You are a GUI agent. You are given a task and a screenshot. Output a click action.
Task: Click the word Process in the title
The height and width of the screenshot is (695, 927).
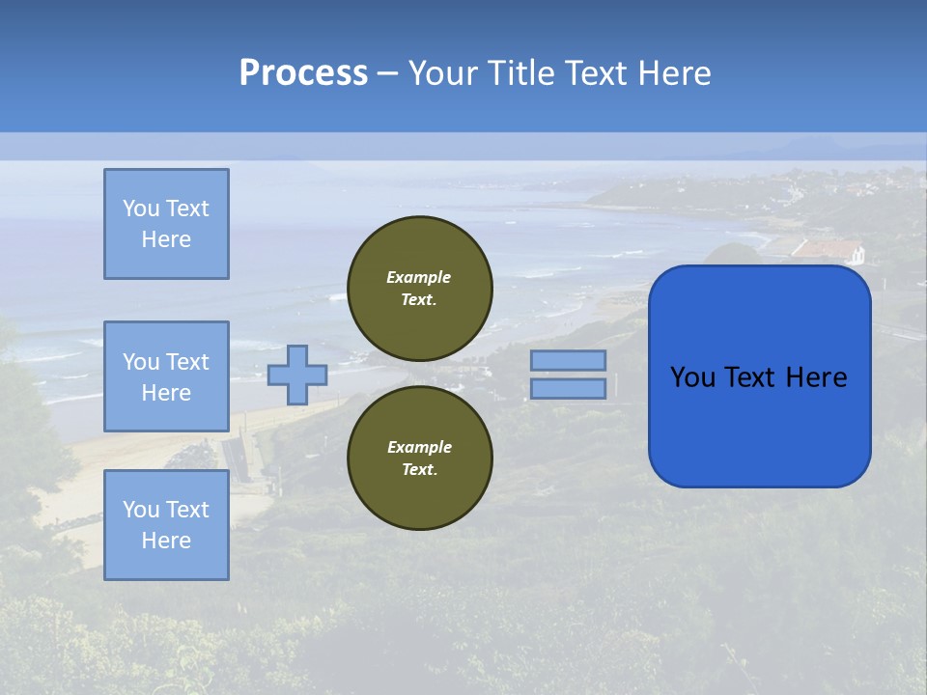click(303, 73)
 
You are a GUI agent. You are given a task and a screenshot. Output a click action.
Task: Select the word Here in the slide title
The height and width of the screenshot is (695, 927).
click(674, 73)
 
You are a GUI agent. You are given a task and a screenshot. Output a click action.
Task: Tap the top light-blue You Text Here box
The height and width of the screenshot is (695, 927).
click(166, 224)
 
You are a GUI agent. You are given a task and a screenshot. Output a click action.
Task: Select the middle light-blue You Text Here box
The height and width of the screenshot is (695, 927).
click(166, 376)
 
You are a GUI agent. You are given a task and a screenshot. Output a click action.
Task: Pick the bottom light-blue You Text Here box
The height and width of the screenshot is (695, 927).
click(166, 525)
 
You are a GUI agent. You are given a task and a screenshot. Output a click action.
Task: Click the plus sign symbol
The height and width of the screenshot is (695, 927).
click(297, 375)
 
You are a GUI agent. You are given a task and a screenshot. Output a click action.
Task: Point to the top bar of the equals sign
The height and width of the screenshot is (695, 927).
click(569, 361)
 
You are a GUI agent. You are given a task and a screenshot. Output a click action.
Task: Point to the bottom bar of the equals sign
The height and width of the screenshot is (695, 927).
click(569, 388)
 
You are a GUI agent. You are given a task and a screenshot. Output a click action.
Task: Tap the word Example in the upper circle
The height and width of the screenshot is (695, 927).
click(419, 277)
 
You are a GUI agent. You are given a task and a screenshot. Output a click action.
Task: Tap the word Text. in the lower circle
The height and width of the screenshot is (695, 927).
click(419, 469)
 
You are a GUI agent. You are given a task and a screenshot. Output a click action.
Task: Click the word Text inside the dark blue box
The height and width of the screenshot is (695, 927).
click(761, 377)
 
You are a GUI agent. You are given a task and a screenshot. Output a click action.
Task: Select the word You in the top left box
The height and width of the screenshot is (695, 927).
click(140, 208)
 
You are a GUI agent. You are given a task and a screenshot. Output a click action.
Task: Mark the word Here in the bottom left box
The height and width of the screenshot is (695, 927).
click(166, 541)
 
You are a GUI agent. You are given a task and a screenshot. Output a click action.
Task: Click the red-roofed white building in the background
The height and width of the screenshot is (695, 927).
click(829, 251)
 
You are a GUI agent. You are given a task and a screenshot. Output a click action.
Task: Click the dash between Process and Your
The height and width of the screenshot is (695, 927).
click(387, 73)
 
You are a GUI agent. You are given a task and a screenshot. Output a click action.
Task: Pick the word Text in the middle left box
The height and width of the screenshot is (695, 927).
click(187, 362)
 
